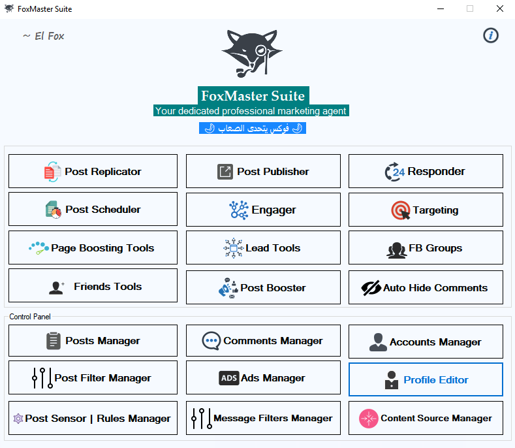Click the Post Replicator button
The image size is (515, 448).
coord(93,171)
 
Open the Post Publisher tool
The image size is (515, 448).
coord(263,171)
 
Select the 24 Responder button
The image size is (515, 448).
coord(426,171)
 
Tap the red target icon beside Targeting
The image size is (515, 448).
coord(400,210)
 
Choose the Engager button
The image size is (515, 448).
coord(263,210)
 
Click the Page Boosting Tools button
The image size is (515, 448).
coord(93,248)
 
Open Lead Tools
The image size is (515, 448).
coord(263,248)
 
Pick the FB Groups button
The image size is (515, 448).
coord(426,248)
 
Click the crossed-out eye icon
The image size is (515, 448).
coord(371,288)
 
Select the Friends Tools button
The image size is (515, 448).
coord(93,285)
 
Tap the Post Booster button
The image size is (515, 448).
coord(263,287)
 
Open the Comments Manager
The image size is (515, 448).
coord(263,340)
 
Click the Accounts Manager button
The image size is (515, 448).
coord(426,342)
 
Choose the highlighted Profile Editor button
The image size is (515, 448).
coord(426,379)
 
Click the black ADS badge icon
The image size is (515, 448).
coord(228,378)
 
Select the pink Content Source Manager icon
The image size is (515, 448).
coord(369,419)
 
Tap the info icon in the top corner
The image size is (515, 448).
coord(491,35)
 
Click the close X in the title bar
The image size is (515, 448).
coord(499,8)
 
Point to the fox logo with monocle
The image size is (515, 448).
coord(252,54)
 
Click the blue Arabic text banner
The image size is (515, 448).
coord(252,128)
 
